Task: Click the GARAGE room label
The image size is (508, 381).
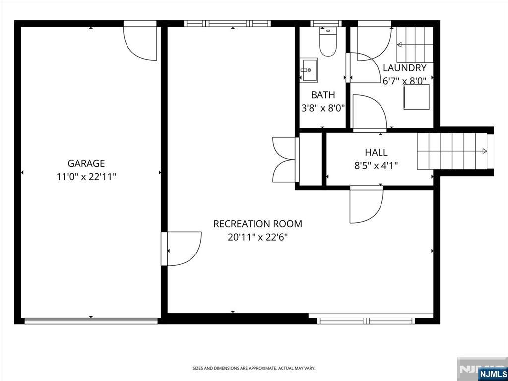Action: pos(86,163)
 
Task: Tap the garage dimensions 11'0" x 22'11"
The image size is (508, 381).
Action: pos(86,177)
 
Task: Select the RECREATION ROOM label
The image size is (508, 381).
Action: pos(257,224)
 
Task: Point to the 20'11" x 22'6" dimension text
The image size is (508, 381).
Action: pos(257,238)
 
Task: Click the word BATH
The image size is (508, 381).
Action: pos(323,95)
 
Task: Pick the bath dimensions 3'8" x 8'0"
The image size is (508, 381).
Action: pos(323,108)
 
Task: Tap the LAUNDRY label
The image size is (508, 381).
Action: pos(405,68)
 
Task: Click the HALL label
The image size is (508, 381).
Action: pos(376,152)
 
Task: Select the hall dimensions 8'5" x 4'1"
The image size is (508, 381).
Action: pos(376,166)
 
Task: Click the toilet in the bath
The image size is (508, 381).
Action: pos(328,42)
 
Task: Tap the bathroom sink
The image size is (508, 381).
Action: pos(308,70)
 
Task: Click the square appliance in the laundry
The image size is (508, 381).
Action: pos(416,97)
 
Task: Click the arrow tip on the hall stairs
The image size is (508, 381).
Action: pos(486,151)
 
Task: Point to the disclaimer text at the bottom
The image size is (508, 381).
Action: pos(254,368)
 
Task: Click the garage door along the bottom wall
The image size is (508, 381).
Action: pos(91,320)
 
